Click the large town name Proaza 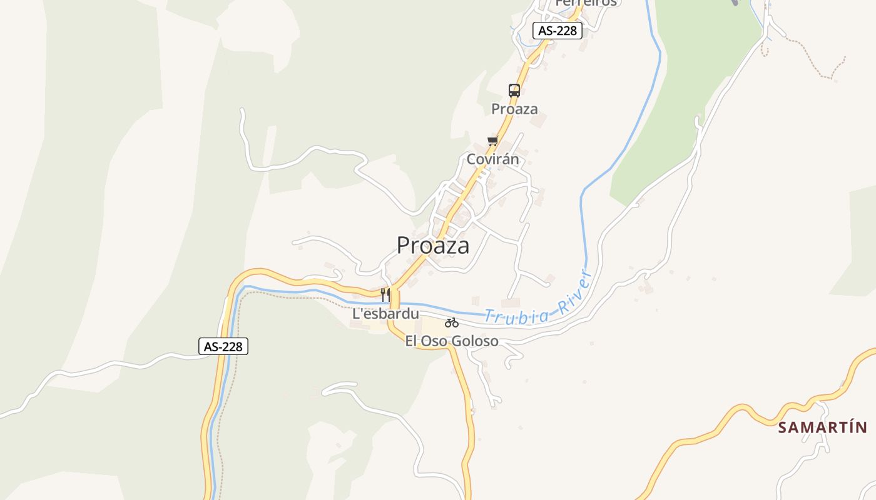pos(433,246)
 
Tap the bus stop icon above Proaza pos(514,91)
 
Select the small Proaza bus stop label pos(514,109)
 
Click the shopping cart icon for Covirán pos(493,141)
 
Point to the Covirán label pos(493,159)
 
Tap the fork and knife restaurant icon pos(385,294)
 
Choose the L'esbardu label pos(385,314)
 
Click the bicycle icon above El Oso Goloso pos(452,322)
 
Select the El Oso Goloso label pos(452,341)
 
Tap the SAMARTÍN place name pos(823,427)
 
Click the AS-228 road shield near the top pos(558,31)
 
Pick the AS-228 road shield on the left pos(223,346)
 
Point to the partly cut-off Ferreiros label pos(586,3)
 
